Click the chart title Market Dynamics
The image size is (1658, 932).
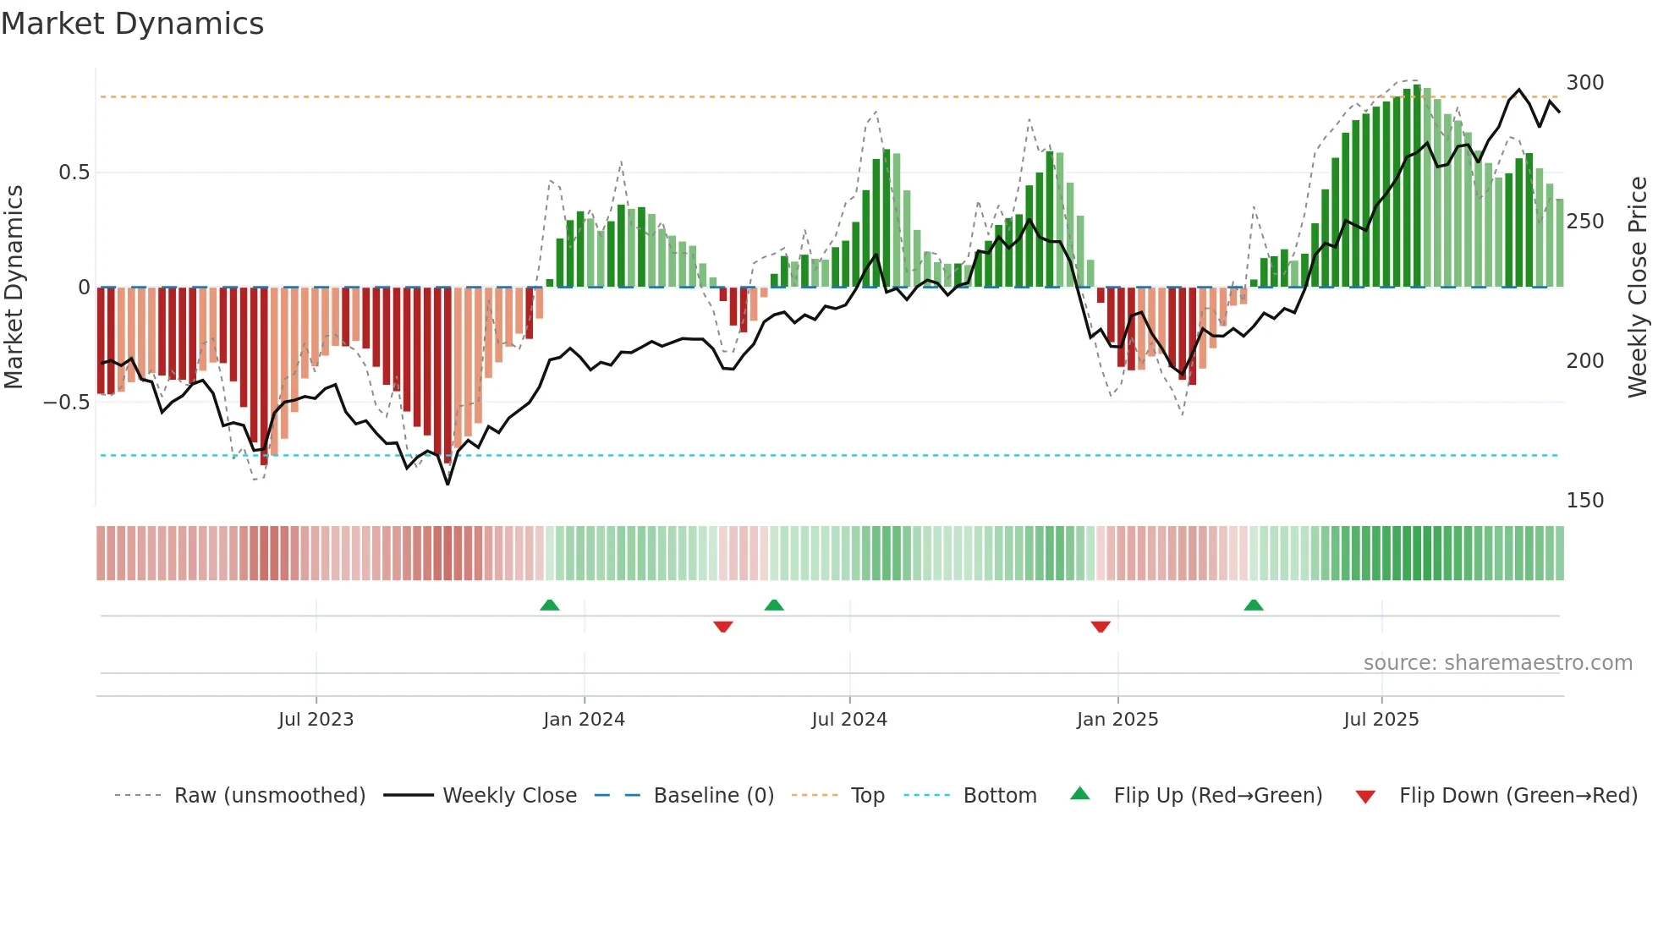click(132, 24)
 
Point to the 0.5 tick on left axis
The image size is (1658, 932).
click(74, 173)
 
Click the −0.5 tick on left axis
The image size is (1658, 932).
click(67, 403)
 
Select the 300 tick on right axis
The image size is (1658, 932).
click(1584, 83)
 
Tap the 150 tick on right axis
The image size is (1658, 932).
click(1584, 501)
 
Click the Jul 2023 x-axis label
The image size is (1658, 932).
click(316, 720)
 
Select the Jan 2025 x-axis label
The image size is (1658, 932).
click(1117, 720)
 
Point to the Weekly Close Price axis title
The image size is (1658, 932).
click(1638, 288)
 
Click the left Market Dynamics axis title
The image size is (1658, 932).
click(14, 288)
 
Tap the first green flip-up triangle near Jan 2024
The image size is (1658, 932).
click(550, 606)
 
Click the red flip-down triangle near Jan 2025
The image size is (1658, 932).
click(1101, 626)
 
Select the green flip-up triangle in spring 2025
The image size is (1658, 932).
click(1254, 606)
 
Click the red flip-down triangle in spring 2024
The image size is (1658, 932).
click(722, 626)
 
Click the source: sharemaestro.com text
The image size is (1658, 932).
click(1497, 663)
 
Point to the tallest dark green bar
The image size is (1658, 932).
click(1417, 186)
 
